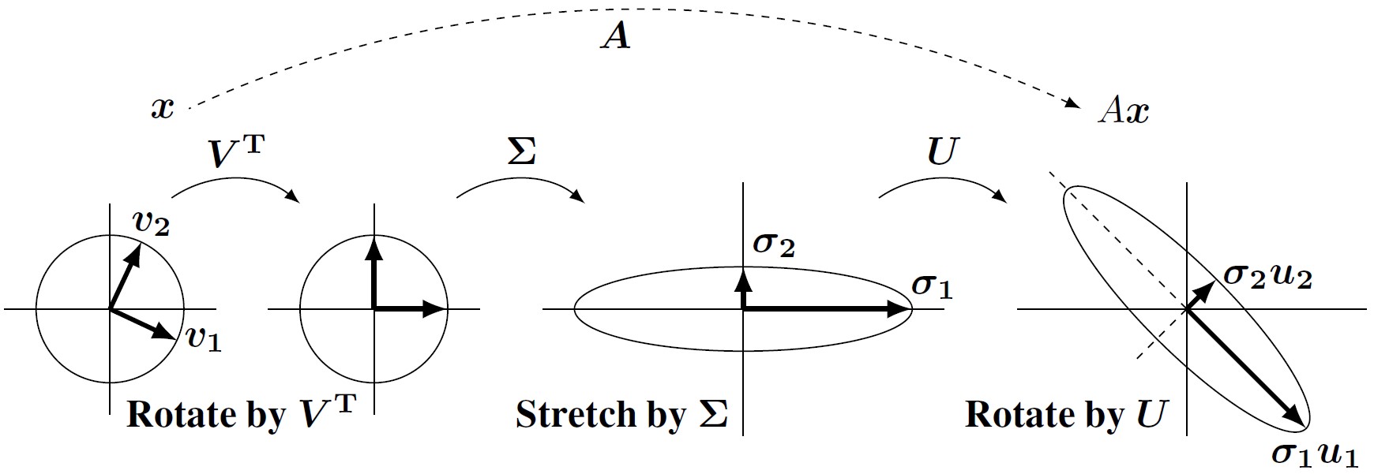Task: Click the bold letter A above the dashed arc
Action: tap(616, 35)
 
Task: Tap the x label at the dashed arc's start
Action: tap(163, 108)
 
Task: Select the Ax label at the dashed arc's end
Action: tap(1124, 111)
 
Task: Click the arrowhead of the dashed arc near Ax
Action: tap(1073, 103)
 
